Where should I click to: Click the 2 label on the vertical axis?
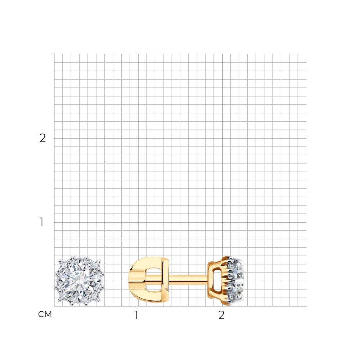pos(43,138)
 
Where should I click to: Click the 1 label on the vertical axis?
pos(41,222)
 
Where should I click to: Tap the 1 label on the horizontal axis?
pos(136,315)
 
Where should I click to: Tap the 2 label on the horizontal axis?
pos(221,315)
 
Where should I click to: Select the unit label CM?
pos(45,314)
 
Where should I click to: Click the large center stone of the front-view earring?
pos(80,281)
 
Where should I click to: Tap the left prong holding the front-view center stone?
pos(60,281)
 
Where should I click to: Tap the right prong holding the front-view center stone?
pos(99,281)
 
